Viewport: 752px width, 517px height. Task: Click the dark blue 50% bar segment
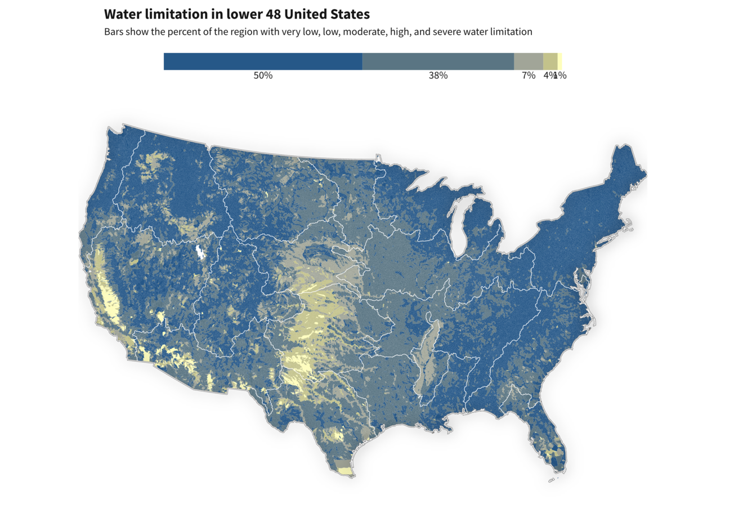(263, 61)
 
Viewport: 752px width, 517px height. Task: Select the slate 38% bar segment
(438, 61)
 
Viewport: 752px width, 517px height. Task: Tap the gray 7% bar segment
(529, 61)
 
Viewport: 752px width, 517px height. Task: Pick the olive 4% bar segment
(550, 61)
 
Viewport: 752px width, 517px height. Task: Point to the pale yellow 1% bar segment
(559, 61)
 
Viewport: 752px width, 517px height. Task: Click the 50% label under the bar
(263, 75)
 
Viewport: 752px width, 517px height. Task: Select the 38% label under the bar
(438, 75)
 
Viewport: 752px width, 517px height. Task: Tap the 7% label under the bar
(529, 75)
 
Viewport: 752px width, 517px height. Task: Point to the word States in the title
(348, 14)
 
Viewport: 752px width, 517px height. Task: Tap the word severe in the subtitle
(447, 32)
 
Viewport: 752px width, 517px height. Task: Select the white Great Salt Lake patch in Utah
(199, 252)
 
